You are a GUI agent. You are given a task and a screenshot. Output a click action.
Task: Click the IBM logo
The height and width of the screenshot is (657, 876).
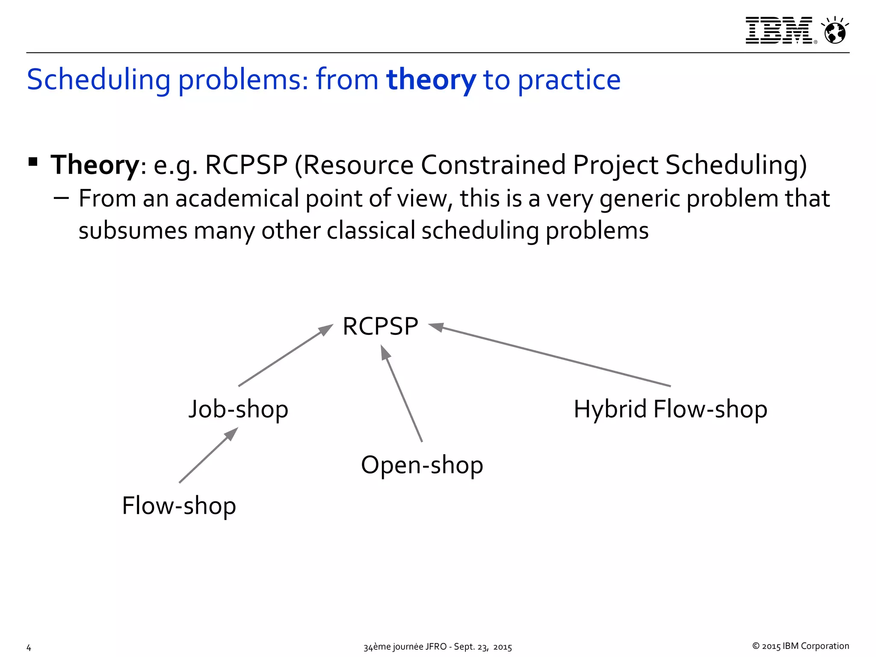779,30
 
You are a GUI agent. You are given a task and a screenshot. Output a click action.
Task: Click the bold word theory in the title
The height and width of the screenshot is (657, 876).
431,80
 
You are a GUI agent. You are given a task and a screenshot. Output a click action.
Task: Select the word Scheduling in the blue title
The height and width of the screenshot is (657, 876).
98,80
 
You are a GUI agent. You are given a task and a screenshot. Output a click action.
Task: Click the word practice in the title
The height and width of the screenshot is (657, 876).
569,80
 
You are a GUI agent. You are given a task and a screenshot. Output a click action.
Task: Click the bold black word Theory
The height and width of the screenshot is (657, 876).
94,165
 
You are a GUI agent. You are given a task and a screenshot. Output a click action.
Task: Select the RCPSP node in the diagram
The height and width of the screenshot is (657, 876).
380,326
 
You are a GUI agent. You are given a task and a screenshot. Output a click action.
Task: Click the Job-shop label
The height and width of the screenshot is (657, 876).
238,409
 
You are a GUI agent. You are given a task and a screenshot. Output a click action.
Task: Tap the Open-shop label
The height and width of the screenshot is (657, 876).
422,465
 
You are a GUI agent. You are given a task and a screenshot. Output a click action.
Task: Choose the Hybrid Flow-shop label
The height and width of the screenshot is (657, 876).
670,409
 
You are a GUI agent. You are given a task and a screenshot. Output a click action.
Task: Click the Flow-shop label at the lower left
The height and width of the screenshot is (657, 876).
179,506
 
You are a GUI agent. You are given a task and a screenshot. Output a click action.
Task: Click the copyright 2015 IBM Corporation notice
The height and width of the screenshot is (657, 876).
800,646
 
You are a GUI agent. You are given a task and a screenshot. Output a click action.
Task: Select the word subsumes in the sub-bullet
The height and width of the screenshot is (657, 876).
133,231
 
